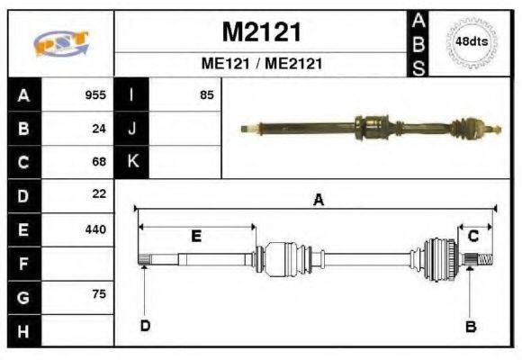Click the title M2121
(x=261, y=32)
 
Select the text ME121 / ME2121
(x=261, y=64)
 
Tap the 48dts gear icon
(x=472, y=41)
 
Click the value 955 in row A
(x=95, y=94)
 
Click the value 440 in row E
(x=95, y=229)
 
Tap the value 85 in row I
(x=207, y=94)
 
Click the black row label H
(x=22, y=330)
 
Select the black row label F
(x=22, y=263)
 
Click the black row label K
(x=132, y=162)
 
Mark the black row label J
(x=132, y=128)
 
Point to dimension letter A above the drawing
(x=317, y=201)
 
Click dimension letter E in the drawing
(x=195, y=236)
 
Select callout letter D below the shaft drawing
(x=144, y=326)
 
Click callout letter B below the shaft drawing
(x=470, y=326)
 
